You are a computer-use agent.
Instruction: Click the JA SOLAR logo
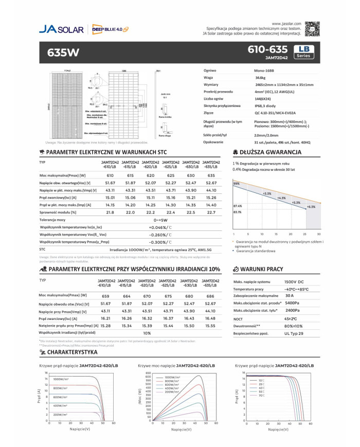(61, 29)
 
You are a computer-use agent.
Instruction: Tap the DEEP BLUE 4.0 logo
(110, 29)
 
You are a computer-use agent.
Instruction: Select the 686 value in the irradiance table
(210, 296)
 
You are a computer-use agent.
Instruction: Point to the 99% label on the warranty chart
(236, 184)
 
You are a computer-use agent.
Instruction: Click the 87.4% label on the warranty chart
(238, 205)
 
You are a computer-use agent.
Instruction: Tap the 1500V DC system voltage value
(294, 282)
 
